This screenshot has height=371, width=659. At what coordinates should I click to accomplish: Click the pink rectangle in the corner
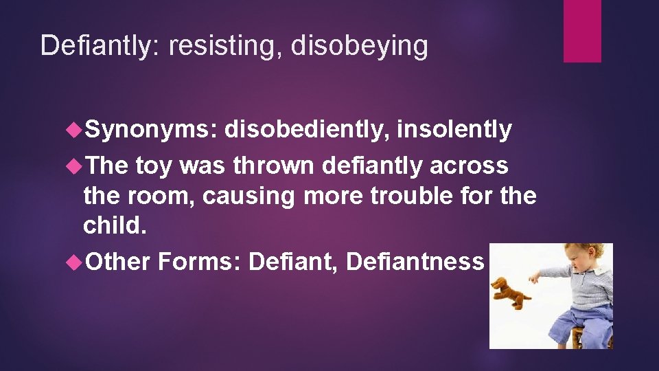pos(582,30)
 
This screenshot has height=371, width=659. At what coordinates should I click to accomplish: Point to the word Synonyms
pos(150,130)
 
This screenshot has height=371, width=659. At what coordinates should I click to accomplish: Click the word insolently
pos(454,129)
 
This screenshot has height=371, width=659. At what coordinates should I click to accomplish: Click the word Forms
pos(198,261)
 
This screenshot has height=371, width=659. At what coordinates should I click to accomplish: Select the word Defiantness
pos(415,261)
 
